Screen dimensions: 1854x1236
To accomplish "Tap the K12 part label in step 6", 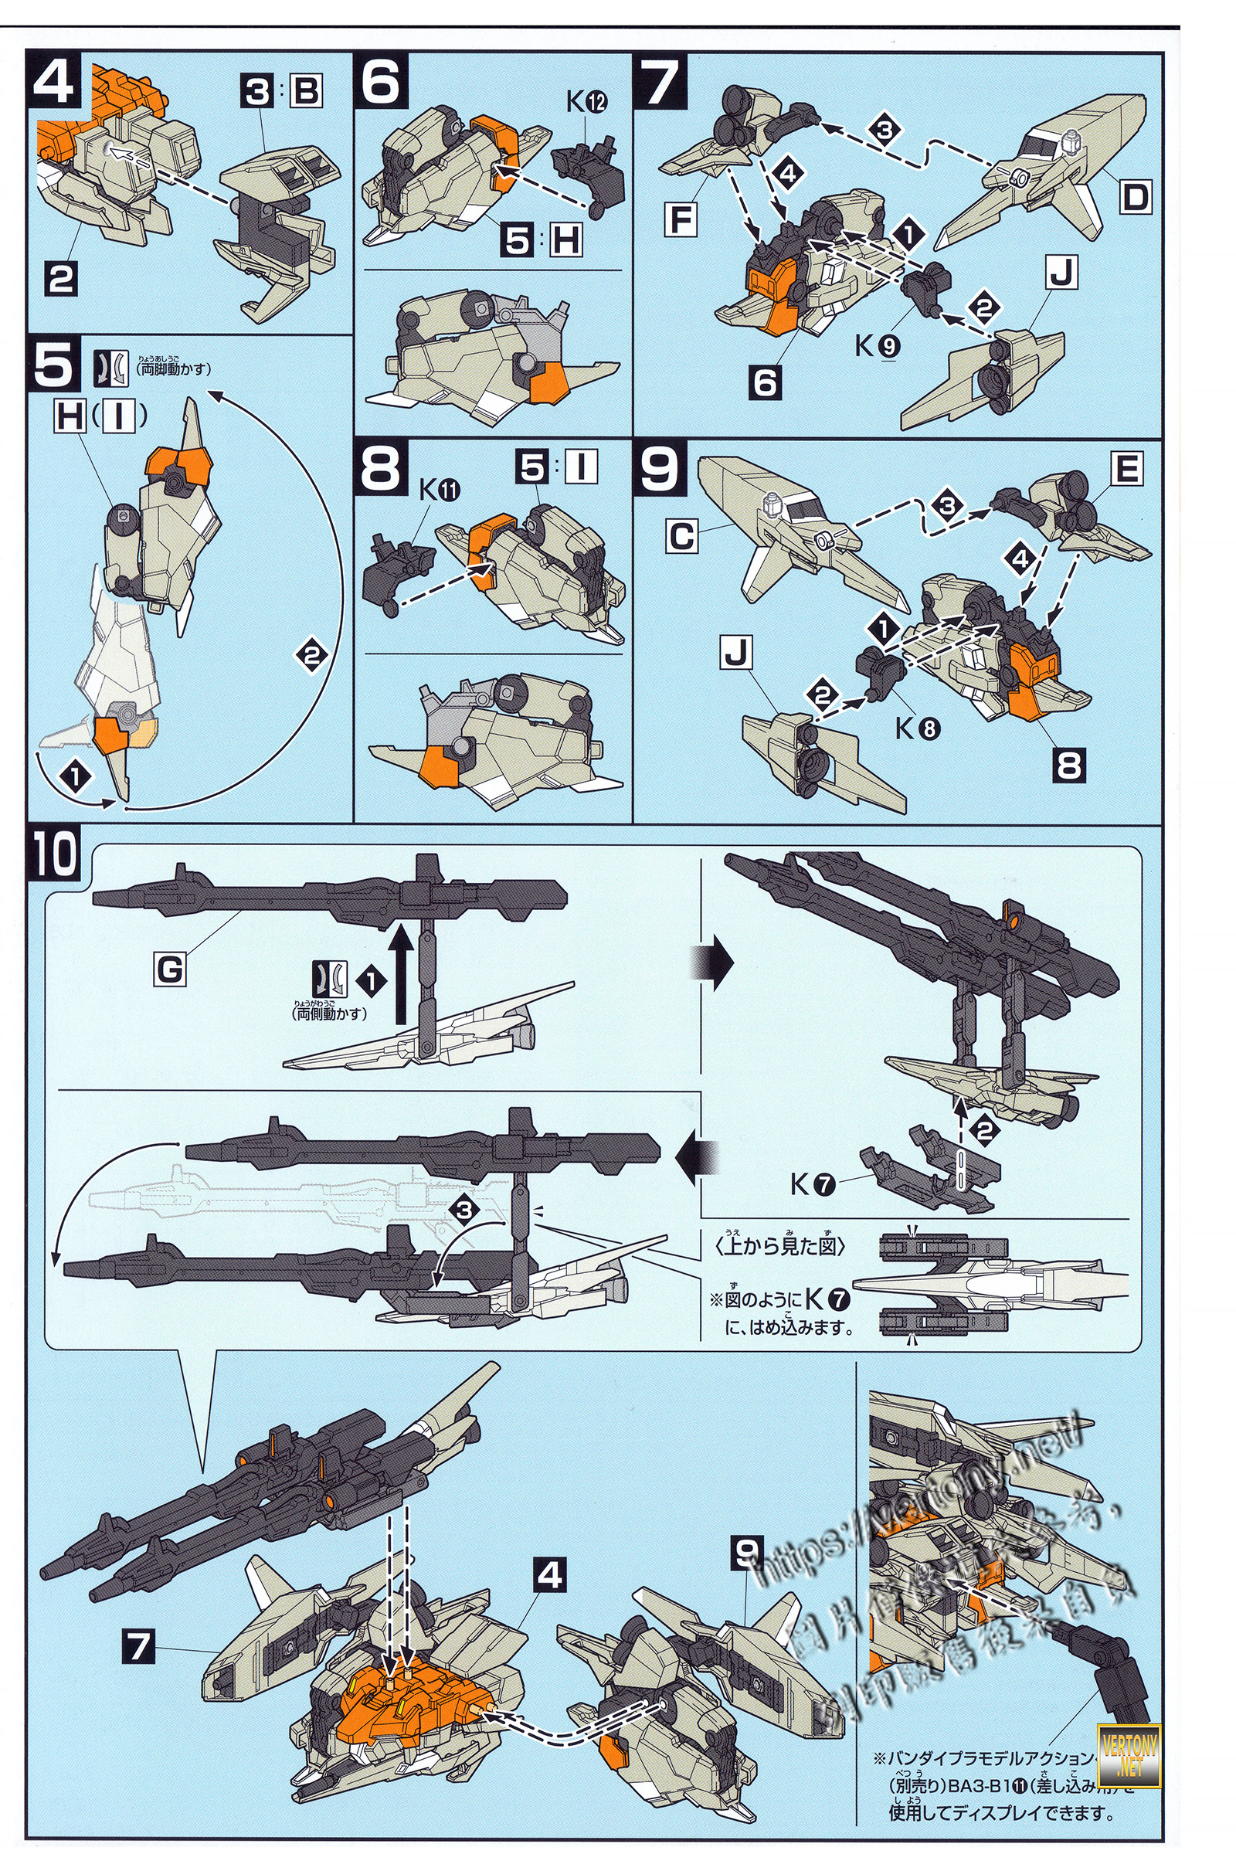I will (587, 102).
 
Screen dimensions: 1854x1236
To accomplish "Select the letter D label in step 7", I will (1134, 196).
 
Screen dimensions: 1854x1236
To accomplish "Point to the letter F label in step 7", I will (682, 220).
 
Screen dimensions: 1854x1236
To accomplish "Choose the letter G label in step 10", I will (169, 969).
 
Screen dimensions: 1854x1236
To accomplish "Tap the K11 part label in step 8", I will (439, 491).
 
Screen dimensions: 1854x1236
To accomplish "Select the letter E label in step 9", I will (1126, 470).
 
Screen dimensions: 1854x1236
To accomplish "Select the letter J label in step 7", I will (1061, 273).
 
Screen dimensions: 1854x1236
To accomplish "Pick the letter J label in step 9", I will (736, 653).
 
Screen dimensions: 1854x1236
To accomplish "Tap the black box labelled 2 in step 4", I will (61, 279).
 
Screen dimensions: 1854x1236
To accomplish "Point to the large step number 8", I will (381, 468).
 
